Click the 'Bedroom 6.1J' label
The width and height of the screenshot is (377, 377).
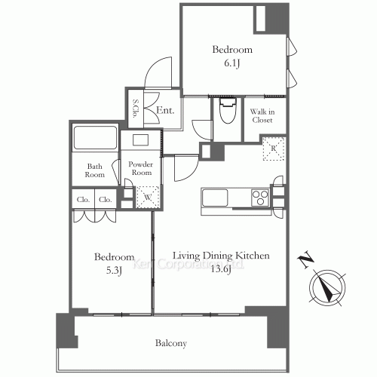tap(231, 57)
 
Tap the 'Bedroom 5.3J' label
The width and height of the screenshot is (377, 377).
tap(114, 262)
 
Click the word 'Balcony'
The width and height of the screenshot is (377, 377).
tap(171, 343)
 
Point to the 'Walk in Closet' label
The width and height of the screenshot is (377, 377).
tap(262, 115)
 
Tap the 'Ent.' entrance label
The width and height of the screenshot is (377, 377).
tap(166, 111)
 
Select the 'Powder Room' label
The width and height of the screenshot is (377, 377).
tap(141, 167)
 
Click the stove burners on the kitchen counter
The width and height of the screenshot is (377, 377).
tap(261, 198)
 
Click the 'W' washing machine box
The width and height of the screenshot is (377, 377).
tap(146, 194)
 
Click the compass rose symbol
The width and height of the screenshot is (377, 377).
tap(325, 287)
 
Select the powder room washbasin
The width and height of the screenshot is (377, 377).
tap(141, 139)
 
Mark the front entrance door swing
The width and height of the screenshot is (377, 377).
tap(158, 75)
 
